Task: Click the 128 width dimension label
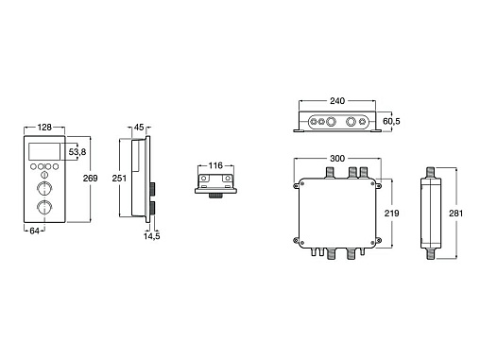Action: [44, 128]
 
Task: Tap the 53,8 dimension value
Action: [77, 152]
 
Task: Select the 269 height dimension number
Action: [90, 179]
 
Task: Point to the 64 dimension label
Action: [34, 231]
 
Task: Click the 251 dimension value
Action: [119, 179]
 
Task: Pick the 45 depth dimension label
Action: [139, 128]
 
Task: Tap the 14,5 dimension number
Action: [152, 236]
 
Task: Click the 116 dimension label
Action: [215, 165]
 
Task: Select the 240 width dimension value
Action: [337, 101]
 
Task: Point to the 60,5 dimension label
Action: [391, 121]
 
